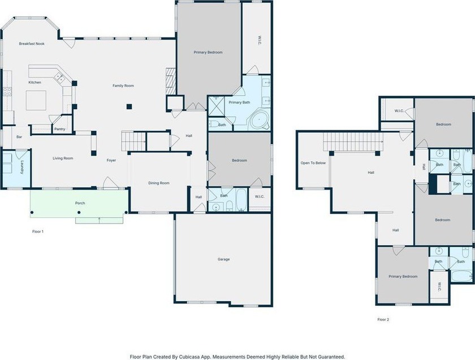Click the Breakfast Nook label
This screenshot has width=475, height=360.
tap(32, 44)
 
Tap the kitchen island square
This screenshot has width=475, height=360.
tap(36, 100)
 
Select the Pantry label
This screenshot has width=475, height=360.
tap(60, 129)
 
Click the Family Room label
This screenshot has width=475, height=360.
tap(123, 86)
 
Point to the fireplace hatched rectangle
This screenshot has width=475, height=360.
tap(171, 82)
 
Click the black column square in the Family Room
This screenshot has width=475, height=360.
tap(129, 106)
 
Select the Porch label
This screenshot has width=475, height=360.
tap(80, 203)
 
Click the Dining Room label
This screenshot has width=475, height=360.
tap(159, 183)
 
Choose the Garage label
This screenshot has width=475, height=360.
tap(223, 259)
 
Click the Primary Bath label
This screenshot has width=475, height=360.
tap(239, 102)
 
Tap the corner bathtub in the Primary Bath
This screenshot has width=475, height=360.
tap(260, 119)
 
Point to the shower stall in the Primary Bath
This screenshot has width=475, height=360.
tap(216, 106)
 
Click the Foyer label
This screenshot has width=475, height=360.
tap(111, 160)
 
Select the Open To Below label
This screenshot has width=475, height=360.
tap(313, 163)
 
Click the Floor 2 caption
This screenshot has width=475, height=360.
tap(383, 319)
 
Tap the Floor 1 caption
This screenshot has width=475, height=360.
tap(38, 232)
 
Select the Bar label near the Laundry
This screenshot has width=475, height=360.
tap(19, 137)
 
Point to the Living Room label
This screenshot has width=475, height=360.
tap(63, 158)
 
